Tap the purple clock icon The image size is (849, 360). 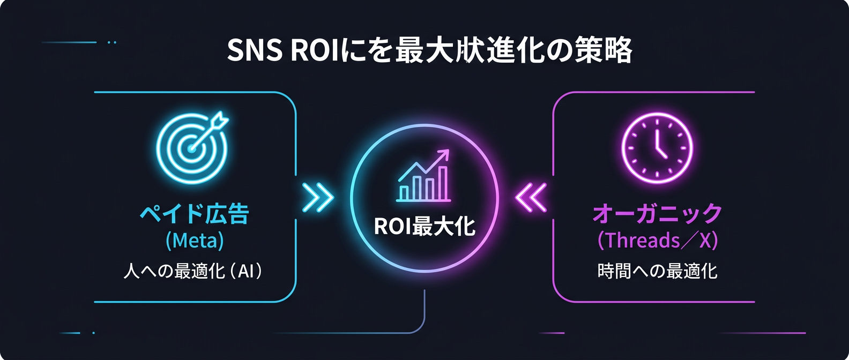pyautogui.click(x=657, y=148)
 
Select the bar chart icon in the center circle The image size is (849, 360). pyautogui.click(x=423, y=177)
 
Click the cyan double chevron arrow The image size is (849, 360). pyautogui.click(x=317, y=198)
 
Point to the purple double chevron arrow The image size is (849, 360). pyautogui.click(x=531, y=198)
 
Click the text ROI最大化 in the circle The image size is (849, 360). pyautogui.click(x=424, y=227)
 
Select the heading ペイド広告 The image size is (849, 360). pyautogui.click(x=195, y=214)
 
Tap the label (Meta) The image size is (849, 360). pyautogui.click(x=195, y=241)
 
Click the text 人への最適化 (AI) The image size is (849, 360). pyautogui.click(x=193, y=271)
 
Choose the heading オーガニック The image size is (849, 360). pyautogui.click(x=657, y=214)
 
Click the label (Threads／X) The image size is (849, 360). pyautogui.click(x=657, y=241)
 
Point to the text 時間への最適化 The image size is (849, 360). pyautogui.click(x=657, y=271)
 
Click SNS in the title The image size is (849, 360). pyautogui.click(x=255, y=51)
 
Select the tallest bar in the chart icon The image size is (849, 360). pyautogui.click(x=443, y=183)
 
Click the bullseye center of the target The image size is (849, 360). pyautogui.click(x=190, y=148)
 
